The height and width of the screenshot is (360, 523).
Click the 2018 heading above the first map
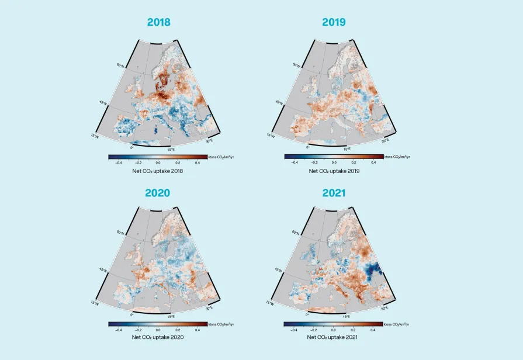coord(158,22)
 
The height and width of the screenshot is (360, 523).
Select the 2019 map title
coord(334,22)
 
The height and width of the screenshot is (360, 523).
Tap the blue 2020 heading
coord(158,192)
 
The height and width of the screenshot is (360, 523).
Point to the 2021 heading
coord(334,192)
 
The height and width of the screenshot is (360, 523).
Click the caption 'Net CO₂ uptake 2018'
coord(158,171)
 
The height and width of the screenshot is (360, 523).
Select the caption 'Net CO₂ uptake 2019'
coord(334,171)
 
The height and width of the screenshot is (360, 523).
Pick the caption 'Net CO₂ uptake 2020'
coord(158,337)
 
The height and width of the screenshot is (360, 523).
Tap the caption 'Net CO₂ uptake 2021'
coord(334,337)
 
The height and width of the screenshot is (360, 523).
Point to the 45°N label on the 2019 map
coord(279,103)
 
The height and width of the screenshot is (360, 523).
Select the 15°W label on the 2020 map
coord(95,303)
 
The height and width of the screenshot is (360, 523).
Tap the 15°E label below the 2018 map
coord(171,149)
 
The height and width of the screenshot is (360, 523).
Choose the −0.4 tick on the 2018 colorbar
coord(119,162)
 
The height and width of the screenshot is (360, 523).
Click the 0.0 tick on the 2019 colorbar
coord(334,162)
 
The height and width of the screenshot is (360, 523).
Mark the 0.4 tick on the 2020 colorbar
coord(197,330)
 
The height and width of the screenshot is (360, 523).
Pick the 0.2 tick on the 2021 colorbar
coord(354,330)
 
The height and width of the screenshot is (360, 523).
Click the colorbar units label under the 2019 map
coord(397,157)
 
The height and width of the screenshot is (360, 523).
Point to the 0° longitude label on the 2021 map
coord(308,314)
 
